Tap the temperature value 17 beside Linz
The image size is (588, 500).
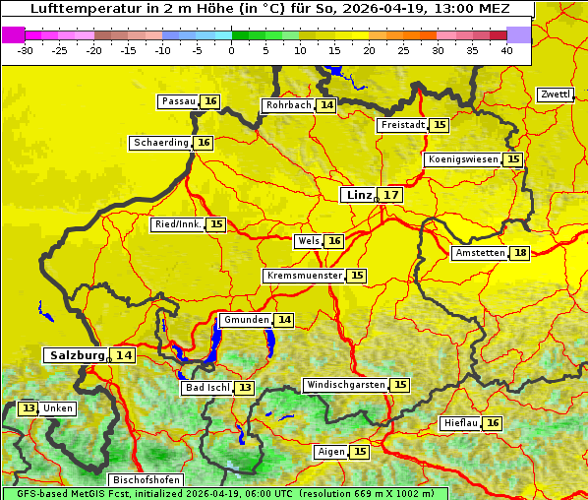coord(391,195)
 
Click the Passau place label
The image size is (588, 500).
coord(179,101)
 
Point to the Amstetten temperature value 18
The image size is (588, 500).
coord(520,253)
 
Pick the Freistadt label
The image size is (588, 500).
coord(402,125)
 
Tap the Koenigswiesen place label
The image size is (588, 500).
coord(463,159)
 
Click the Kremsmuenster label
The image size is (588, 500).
coord(304,276)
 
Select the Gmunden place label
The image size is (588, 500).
coord(246,320)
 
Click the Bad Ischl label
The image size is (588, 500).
coord(207,388)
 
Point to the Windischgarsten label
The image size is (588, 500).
coord(345,385)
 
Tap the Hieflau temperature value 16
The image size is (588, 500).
coord(493,423)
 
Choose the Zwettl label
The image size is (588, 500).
coord(556,94)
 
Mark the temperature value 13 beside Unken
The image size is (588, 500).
coord(29,408)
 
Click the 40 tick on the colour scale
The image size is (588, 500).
coord(506,49)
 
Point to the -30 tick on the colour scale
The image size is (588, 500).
coord(26,49)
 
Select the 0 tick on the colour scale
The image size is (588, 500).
coord(231,49)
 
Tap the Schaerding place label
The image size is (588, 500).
coord(161,143)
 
